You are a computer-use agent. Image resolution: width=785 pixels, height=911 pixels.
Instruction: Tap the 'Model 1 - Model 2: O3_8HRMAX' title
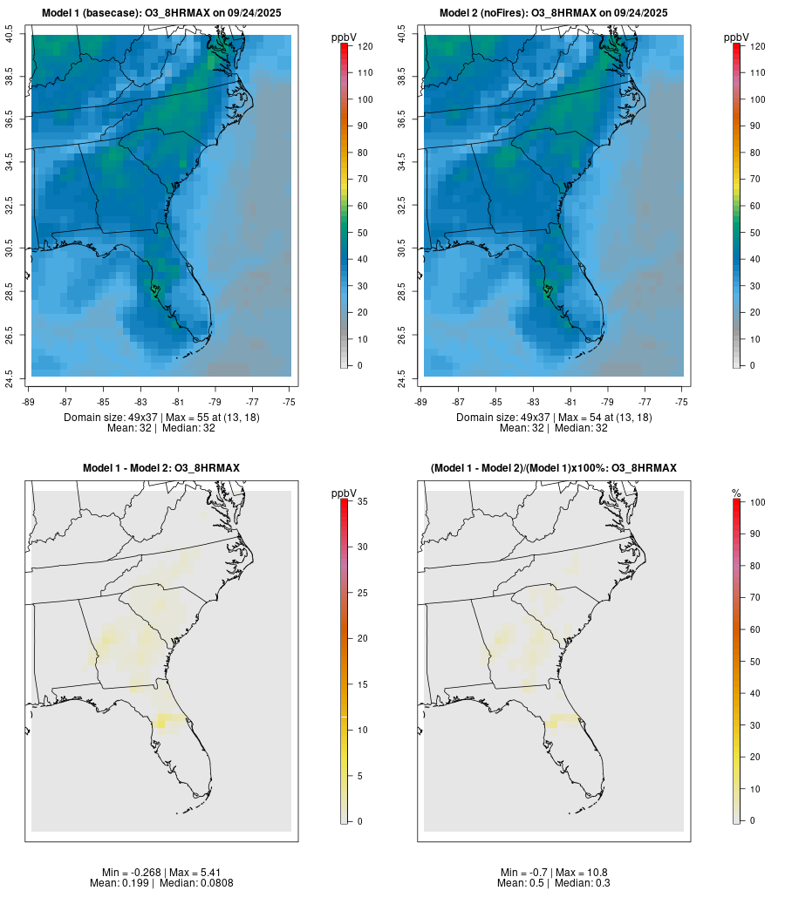point(161,468)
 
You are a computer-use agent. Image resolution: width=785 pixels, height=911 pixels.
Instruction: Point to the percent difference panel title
point(554,468)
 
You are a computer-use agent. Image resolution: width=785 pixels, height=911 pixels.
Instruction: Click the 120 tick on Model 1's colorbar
point(365,46)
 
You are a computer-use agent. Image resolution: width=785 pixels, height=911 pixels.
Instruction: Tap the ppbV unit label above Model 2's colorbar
point(737,37)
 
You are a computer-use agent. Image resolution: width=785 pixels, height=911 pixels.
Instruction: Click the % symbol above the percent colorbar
point(736,493)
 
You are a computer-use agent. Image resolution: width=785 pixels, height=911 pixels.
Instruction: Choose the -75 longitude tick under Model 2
point(682,402)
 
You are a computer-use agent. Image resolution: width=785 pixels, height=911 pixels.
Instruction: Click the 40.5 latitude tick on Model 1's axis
point(10,35)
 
